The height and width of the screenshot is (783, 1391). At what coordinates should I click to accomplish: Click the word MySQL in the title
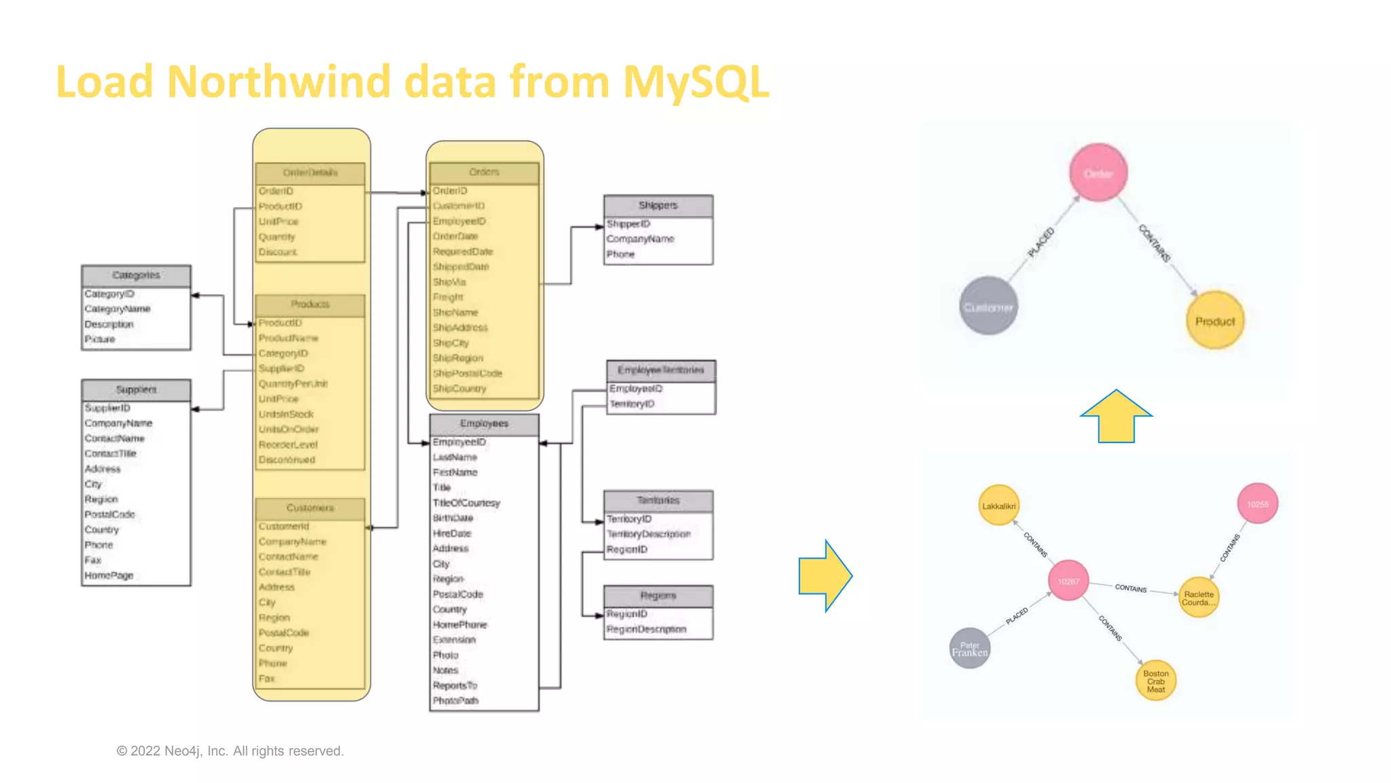point(695,82)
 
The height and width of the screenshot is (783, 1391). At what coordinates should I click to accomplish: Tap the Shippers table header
point(657,205)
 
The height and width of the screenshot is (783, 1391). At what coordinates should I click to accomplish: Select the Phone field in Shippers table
point(620,254)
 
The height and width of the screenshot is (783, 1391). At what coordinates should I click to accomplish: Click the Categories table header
point(136,275)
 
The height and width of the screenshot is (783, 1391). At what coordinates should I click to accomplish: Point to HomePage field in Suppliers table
point(109,576)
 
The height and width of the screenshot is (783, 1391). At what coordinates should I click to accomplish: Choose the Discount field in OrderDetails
point(278,252)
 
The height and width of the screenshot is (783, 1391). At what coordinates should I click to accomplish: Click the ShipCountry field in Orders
point(459,389)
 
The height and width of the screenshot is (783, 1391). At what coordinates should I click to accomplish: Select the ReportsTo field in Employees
point(454,685)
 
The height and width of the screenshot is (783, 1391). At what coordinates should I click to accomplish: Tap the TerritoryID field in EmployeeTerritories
point(632,404)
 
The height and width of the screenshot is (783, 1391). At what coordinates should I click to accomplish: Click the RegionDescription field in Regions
point(646,629)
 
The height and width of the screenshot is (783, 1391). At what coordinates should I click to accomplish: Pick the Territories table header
point(657,500)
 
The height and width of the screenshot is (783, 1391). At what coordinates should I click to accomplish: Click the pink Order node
point(1098,173)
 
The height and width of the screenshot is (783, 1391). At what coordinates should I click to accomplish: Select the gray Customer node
point(988,307)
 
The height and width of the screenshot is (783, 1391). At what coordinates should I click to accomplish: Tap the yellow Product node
point(1214,321)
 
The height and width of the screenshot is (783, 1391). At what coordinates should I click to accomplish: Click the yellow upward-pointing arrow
point(1116,417)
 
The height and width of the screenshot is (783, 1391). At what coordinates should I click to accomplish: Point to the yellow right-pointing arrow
point(825,576)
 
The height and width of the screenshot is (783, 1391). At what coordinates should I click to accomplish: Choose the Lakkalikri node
point(998,506)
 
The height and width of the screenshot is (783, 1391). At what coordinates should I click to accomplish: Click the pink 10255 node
point(1257,504)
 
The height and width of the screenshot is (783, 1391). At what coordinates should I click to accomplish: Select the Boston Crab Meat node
point(1155,681)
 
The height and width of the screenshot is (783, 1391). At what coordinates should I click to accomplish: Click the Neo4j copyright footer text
point(230,751)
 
